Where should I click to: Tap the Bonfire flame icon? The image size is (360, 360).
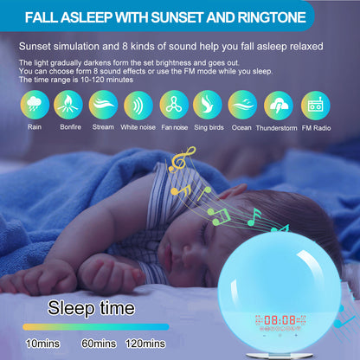pyautogui.click(x=68, y=105)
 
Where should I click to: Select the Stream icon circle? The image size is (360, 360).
pyautogui.click(x=103, y=105)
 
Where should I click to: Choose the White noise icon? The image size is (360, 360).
pyautogui.click(x=138, y=105)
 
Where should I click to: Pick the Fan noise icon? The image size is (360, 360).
pyautogui.click(x=174, y=105)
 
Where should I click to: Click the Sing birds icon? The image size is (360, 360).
pyautogui.click(x=209, y=105)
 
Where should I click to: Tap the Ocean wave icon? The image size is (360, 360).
pyautogui.click(x=243, y=105)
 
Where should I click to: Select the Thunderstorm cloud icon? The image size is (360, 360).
pyautogui.click(x=279, y=105)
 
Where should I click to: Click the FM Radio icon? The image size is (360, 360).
pyautogui.click(x=314, y=105)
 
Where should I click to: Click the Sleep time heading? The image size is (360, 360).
pyautogui.click(x=91, y=307)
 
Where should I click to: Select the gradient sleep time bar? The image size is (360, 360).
pyautogui.click(x=95, y=326)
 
